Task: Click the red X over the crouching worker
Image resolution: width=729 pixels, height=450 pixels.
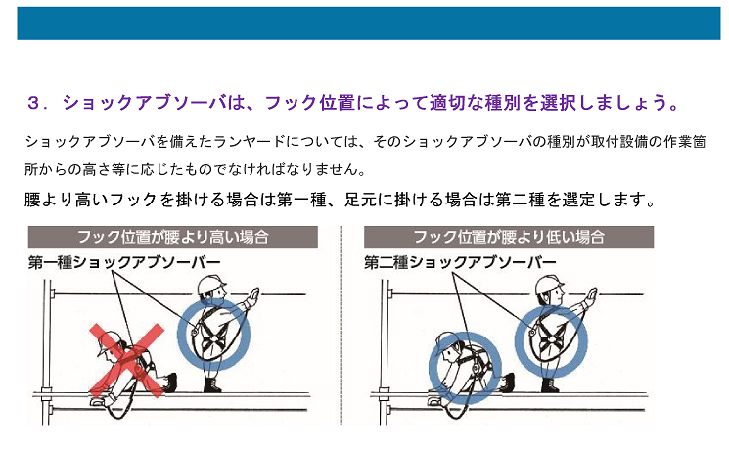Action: (127, 361)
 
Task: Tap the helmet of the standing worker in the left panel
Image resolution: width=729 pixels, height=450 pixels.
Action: (210, 284)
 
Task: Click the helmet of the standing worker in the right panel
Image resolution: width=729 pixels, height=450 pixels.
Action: (549, 284)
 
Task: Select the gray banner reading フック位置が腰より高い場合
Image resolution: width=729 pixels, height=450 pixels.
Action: (173, 237)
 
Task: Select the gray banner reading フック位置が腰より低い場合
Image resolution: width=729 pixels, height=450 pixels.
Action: (509, 237)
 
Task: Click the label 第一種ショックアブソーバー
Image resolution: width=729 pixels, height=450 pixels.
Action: (124, 262)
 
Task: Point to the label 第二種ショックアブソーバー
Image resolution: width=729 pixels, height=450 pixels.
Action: (460, 262)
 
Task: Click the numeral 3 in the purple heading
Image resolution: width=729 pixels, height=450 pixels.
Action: (33, 103)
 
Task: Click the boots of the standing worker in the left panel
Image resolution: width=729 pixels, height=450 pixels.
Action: (212, 385)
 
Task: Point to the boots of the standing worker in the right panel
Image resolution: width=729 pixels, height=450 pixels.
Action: (550, 385)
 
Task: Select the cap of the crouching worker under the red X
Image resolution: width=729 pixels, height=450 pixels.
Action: (109, 341)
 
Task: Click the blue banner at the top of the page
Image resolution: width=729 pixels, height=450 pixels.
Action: (369, 23)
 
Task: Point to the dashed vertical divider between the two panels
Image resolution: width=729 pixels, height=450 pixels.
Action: (341, 326)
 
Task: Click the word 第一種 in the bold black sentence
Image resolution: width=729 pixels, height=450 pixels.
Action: (301, 200)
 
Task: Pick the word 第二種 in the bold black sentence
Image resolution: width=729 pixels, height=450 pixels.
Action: (521, 200)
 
